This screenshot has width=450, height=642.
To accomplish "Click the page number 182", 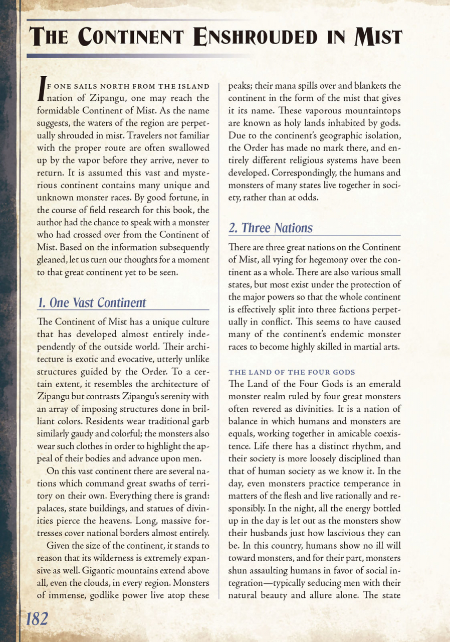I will pos(37,619).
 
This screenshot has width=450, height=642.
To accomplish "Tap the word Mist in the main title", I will pos(378,37).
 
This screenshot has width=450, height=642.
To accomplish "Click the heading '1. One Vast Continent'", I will pos(92,303).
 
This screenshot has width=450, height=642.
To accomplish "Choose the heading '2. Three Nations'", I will pos(270,228).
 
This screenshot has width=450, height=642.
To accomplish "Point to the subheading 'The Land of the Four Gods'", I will pos(292,372).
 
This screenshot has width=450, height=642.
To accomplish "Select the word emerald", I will pos(380,384).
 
